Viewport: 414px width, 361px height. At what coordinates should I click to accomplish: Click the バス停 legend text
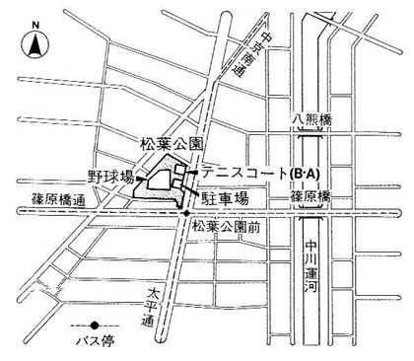(x=97, y=340)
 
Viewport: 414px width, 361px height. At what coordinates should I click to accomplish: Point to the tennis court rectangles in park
(x=181, y=176)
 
